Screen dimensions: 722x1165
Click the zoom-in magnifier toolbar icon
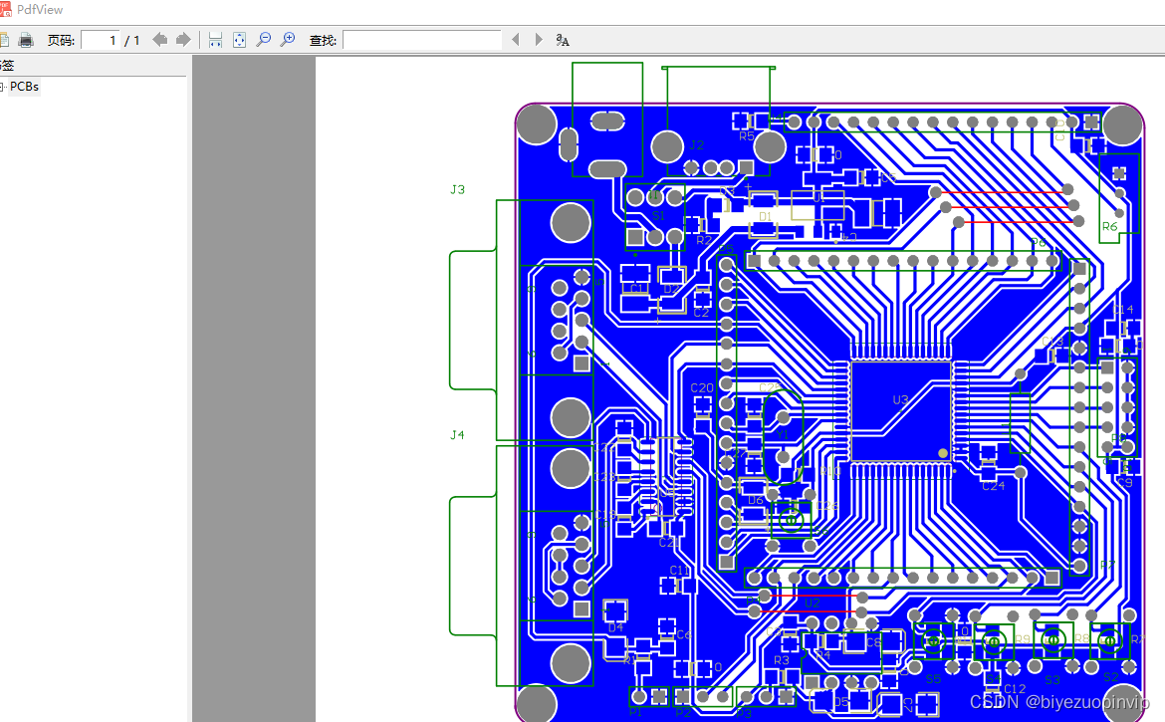coord(288,40)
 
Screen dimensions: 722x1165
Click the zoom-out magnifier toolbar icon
coord(264,40)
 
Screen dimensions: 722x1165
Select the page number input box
coord(100,40)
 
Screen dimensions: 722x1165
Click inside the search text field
coord(421,40)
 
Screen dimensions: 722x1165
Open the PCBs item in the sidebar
coord(24,87)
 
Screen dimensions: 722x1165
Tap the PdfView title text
coord(40,9)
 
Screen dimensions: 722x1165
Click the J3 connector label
coord(457,189)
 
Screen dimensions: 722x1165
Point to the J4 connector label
coord(457,435)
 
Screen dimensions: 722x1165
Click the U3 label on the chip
coord(900,400)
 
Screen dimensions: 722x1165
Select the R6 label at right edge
coord(1109,227)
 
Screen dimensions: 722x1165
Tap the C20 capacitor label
coord(702,388)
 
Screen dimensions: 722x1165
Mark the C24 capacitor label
coord(993,486)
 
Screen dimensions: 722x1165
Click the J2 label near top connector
coord(696,145)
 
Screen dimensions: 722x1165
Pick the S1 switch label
coord(658,215)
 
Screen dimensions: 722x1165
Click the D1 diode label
coord(765,216)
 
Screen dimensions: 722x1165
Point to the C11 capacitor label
coord(679,571)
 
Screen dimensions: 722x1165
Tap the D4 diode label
coord(614,628)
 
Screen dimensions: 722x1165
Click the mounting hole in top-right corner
coord(1122,123)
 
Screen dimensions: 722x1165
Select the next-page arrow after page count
coord(182,40)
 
